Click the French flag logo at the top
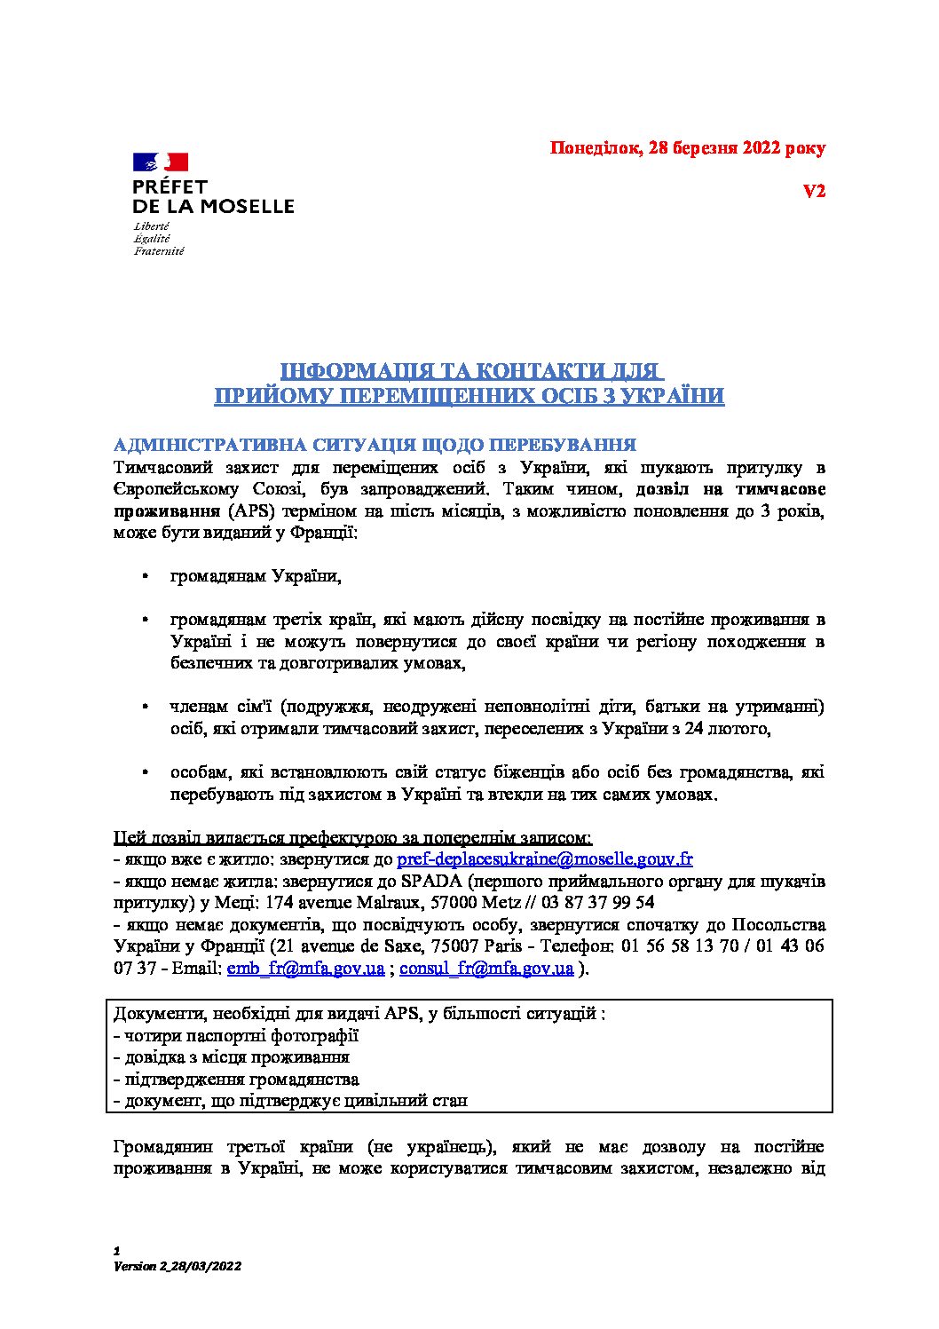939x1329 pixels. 161,162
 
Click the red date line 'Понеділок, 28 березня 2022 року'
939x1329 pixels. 687,148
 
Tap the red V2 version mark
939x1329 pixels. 814,191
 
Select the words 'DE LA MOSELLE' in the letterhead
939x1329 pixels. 213,206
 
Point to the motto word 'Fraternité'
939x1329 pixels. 159,251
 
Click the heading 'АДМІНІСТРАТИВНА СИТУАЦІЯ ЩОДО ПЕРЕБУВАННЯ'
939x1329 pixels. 375,445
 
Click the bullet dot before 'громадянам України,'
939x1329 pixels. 144,577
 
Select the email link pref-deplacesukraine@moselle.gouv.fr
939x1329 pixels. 544,858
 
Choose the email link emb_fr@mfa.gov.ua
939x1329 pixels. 305,969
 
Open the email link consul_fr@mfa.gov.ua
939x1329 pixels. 486,969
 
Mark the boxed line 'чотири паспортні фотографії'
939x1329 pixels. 236,1035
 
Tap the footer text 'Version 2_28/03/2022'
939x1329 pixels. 178,1266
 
